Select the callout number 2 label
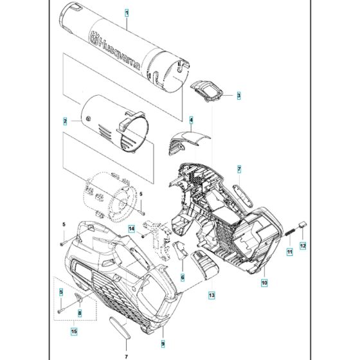[65, 120]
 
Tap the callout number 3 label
[239, 96]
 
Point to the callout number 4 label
[191, 120]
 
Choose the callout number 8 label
[79, 313]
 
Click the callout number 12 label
[304, 245]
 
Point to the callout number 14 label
[130, 229]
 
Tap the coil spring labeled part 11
[289, 230]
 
